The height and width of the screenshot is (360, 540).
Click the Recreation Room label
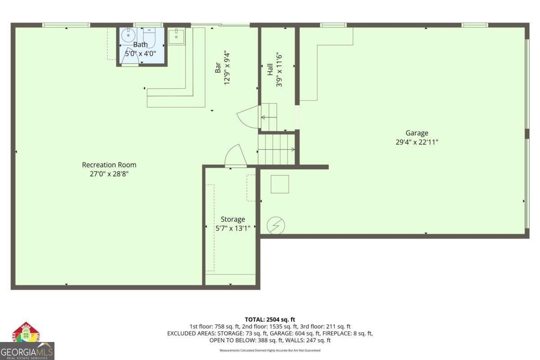[x=109, y=165]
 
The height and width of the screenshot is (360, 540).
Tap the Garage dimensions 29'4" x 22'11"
[x=417, y=142]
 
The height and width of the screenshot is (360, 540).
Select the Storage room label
[x=233, y=219]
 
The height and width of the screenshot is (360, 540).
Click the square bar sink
[x=176, y=36]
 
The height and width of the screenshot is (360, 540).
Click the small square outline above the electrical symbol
[x=279, y=184]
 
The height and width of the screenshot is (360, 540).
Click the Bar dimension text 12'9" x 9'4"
[x=228, y=67]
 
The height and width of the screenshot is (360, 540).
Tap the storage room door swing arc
[x=235, y=156]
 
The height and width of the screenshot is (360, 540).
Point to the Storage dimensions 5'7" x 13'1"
[x=233, y=228]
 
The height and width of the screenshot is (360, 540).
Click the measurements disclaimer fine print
[x=270, y=350]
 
